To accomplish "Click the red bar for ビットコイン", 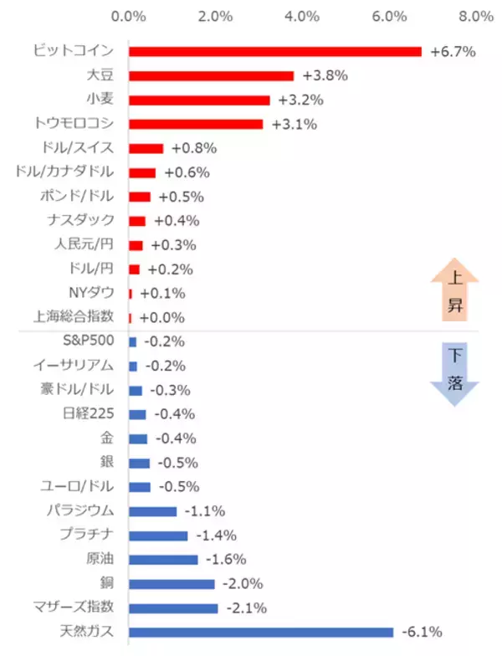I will (x=275, y=51).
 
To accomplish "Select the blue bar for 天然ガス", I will (x=261, y=632).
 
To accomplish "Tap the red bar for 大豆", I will (x=212, y=75).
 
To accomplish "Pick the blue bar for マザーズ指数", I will (x=173, y=607).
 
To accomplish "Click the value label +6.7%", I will (x=453, y=51).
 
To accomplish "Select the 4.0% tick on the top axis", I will (x=302, y=16).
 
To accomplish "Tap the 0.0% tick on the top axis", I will (x=129, y=16).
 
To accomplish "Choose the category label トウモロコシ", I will (x=74, y=124).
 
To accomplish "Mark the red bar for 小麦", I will (x=199, y=100).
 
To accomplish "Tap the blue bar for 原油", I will (x=163, y=559).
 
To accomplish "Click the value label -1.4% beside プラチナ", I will (x=216, y=535).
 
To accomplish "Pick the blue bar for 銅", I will (x=172, y=583).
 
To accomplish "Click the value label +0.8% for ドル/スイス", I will (x=193, y=148).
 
